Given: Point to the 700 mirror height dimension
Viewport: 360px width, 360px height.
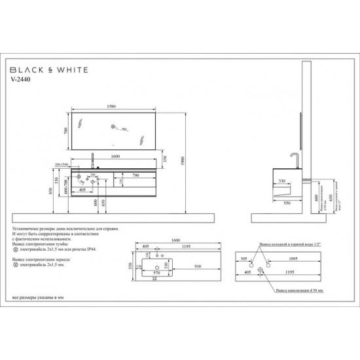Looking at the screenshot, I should (x=66, y=131).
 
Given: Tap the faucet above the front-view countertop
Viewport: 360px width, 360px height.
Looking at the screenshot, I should (x=94, y=159).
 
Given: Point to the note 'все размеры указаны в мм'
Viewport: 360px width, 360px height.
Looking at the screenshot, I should (x=37, y=299).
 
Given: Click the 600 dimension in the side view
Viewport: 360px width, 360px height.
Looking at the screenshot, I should (x=314, y=196).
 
